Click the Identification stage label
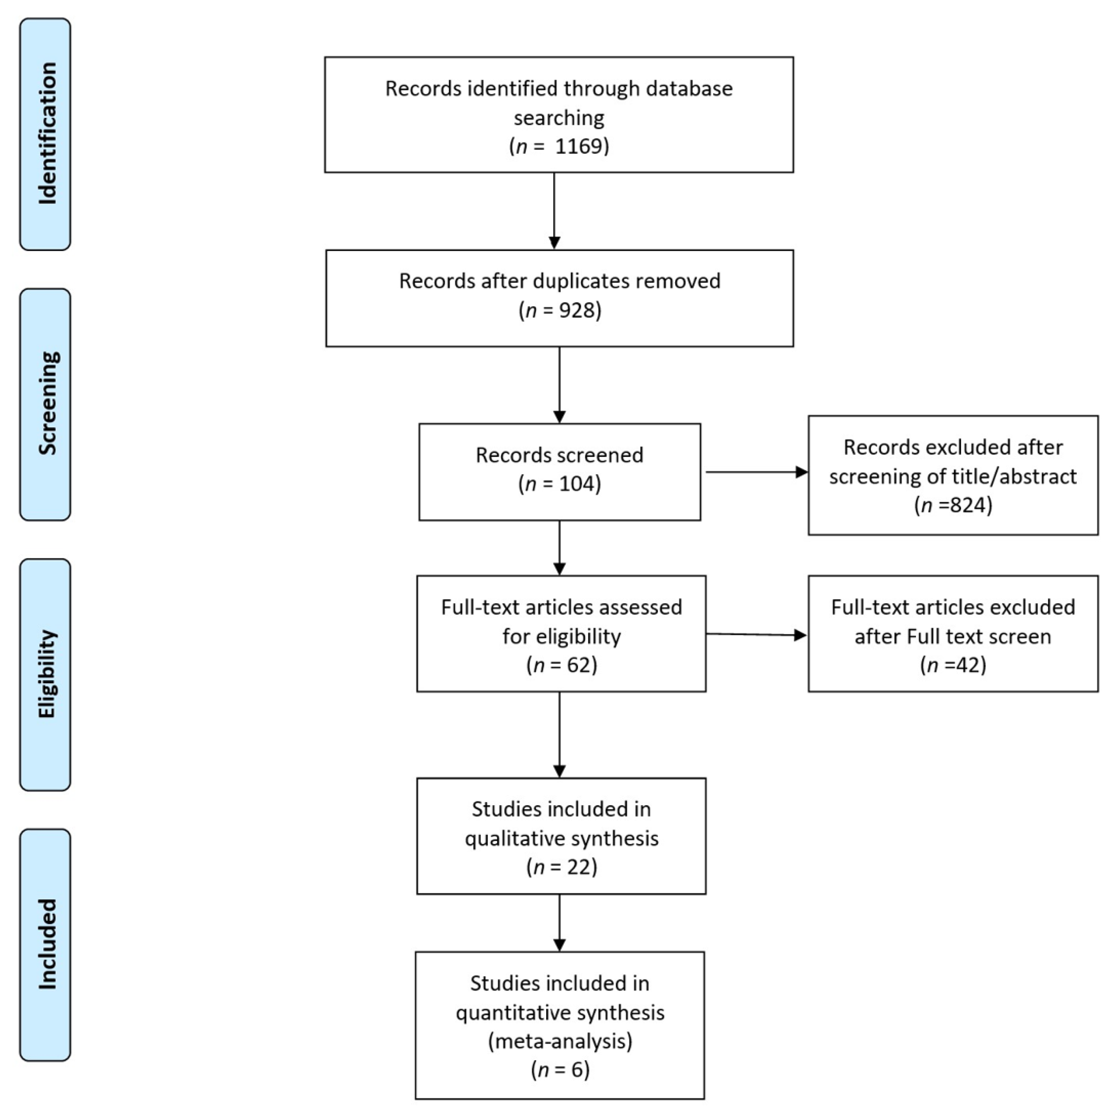(46, 134)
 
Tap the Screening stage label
(46, 404)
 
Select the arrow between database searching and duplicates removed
(554, 211)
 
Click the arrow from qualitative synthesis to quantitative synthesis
(559, 923)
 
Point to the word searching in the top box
(559, 117)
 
